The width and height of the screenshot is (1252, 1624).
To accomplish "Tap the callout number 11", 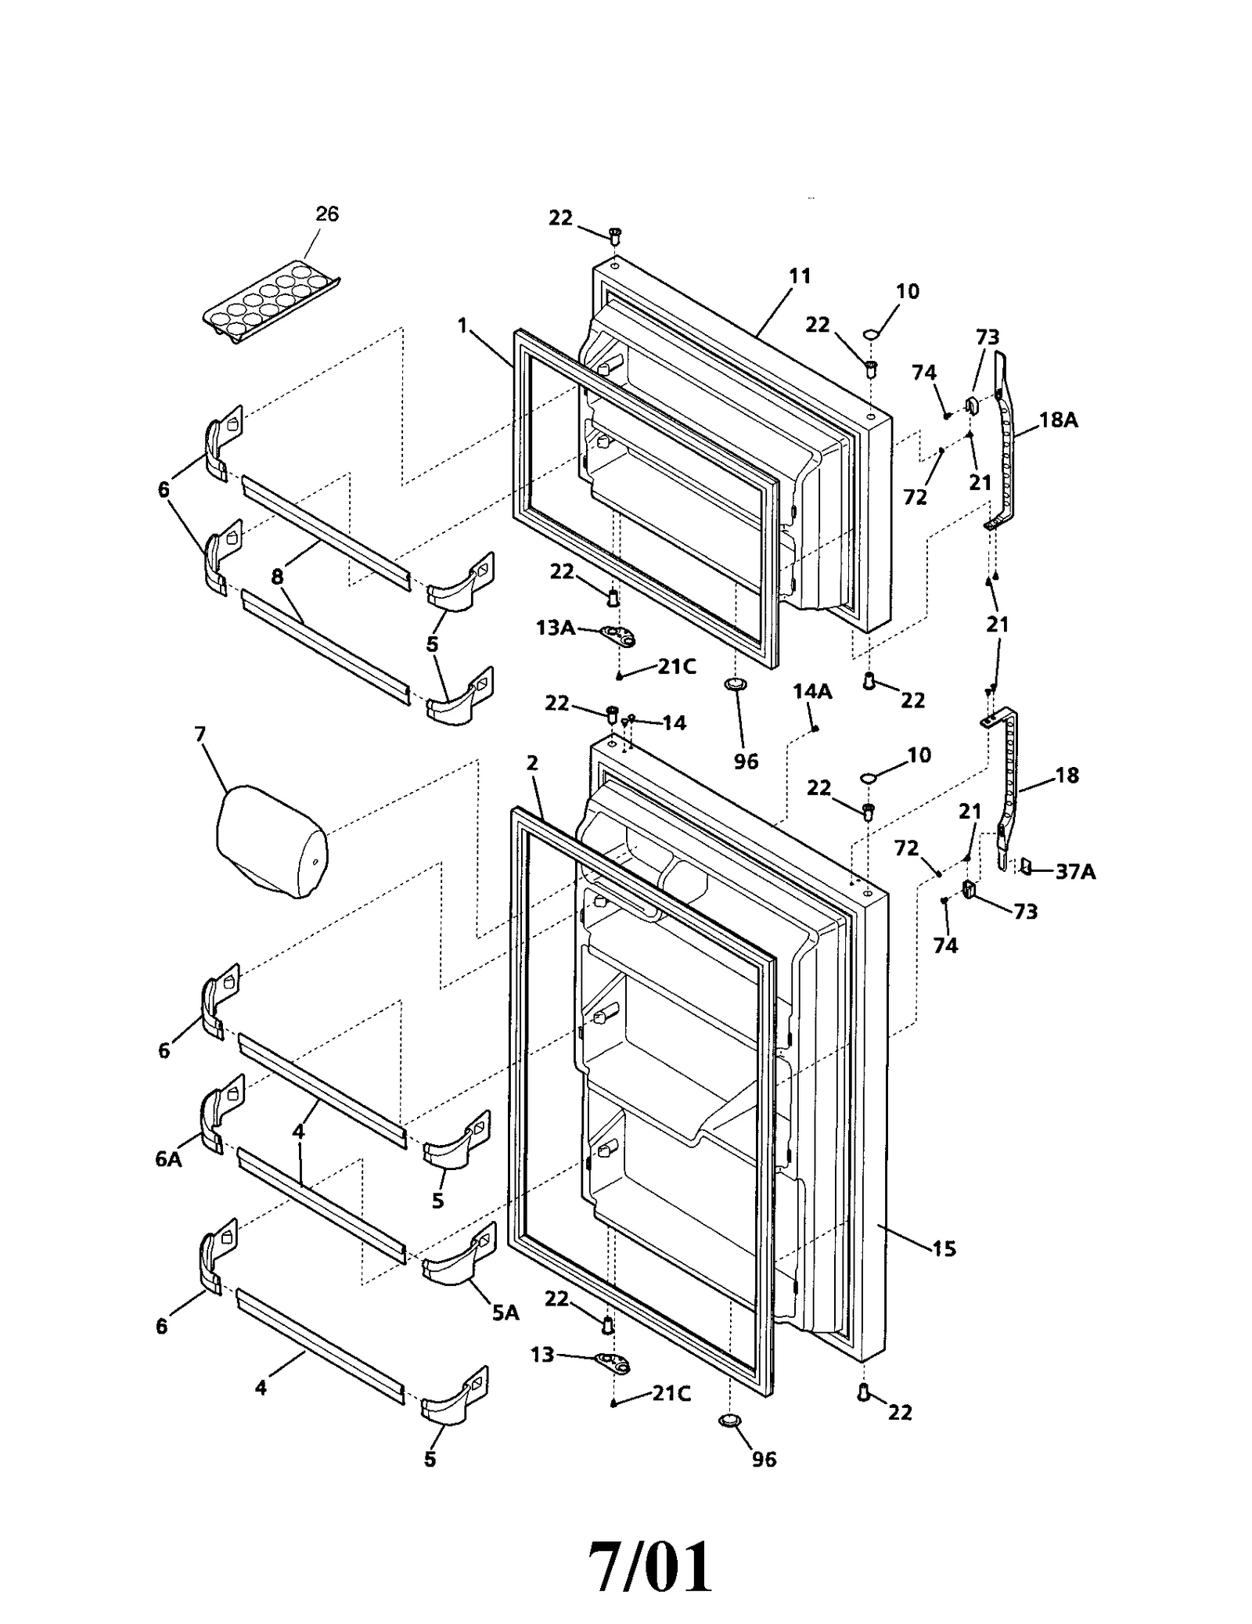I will (800, 276).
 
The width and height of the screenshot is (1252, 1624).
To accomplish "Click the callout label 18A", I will (1059, 420).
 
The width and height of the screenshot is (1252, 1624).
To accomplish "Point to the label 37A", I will (1076, 871).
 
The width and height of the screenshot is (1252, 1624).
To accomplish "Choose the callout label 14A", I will (812, 691).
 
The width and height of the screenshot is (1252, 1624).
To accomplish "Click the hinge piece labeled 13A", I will (618, 635).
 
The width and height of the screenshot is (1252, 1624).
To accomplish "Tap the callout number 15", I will (944, 1248).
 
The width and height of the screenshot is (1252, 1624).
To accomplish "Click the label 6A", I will (168, 1159).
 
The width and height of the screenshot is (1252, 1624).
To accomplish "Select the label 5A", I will (505, 1313).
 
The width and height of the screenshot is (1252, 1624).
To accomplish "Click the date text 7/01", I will (650, 1545).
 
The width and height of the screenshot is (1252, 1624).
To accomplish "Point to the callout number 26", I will (327, 214).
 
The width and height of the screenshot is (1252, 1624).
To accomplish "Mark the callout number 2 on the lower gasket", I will (532, 763).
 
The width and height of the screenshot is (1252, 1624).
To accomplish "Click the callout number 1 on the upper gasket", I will (462, 326).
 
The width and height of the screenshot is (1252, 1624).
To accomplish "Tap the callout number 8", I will (277, 577).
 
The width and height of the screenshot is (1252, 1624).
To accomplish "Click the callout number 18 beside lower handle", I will (1067, 776).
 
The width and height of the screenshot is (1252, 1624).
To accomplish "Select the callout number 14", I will (675, 722).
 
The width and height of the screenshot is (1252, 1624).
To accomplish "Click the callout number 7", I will (200, 734).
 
